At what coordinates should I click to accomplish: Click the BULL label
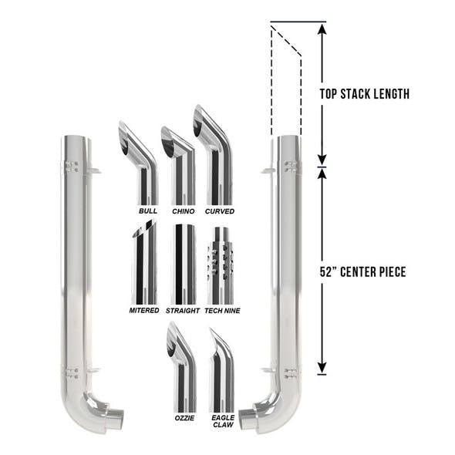click(x=148, y=211)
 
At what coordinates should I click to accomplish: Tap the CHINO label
click(x=184, y=211)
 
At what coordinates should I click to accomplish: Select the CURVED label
click(x=220, y=211)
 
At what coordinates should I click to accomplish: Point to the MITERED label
click(x=144, y=311)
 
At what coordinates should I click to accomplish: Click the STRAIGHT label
click(x=183, y=311)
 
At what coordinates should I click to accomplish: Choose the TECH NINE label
click(x=223, y=311)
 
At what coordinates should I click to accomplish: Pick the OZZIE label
click(x=184, y=418)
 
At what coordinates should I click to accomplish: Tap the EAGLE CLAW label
click(x=223, y=421)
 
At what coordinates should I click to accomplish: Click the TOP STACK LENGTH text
click(x=365, y=94)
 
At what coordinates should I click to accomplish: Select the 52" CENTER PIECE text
click(x=362, y=272)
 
